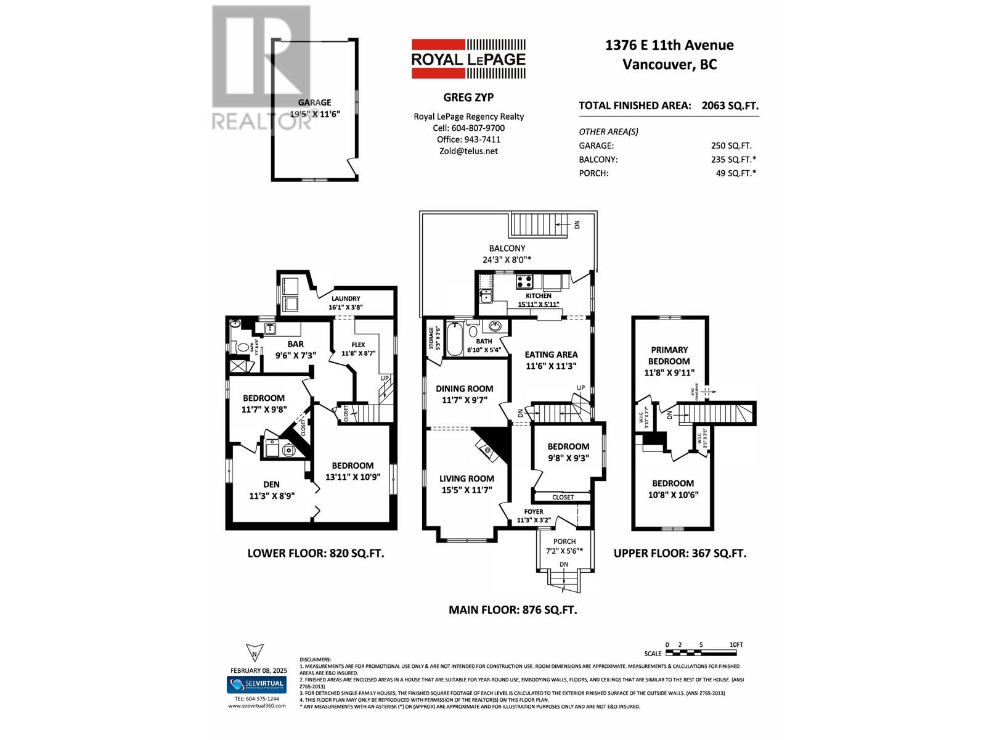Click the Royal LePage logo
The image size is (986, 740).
tap(468, 59)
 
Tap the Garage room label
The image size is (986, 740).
tap(314, 103)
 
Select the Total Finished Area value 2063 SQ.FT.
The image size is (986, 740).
tap(730, 105)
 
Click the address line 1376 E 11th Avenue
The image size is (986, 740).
tap(669, 45)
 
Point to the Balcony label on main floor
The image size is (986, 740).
tap(507, 249)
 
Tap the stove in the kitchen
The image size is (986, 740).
tap(524, 281)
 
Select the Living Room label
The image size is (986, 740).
tap(467, 479)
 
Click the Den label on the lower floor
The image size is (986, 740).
tap(271, 485)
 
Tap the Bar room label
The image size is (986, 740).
tap(295, 344)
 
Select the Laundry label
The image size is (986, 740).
tap(345, 298)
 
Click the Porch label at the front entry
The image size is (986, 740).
tap(564, 541)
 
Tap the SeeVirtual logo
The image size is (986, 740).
tap(256, 684)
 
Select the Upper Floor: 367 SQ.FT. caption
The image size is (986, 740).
tap(680, 553)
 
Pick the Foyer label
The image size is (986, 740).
tap(534, 512)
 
